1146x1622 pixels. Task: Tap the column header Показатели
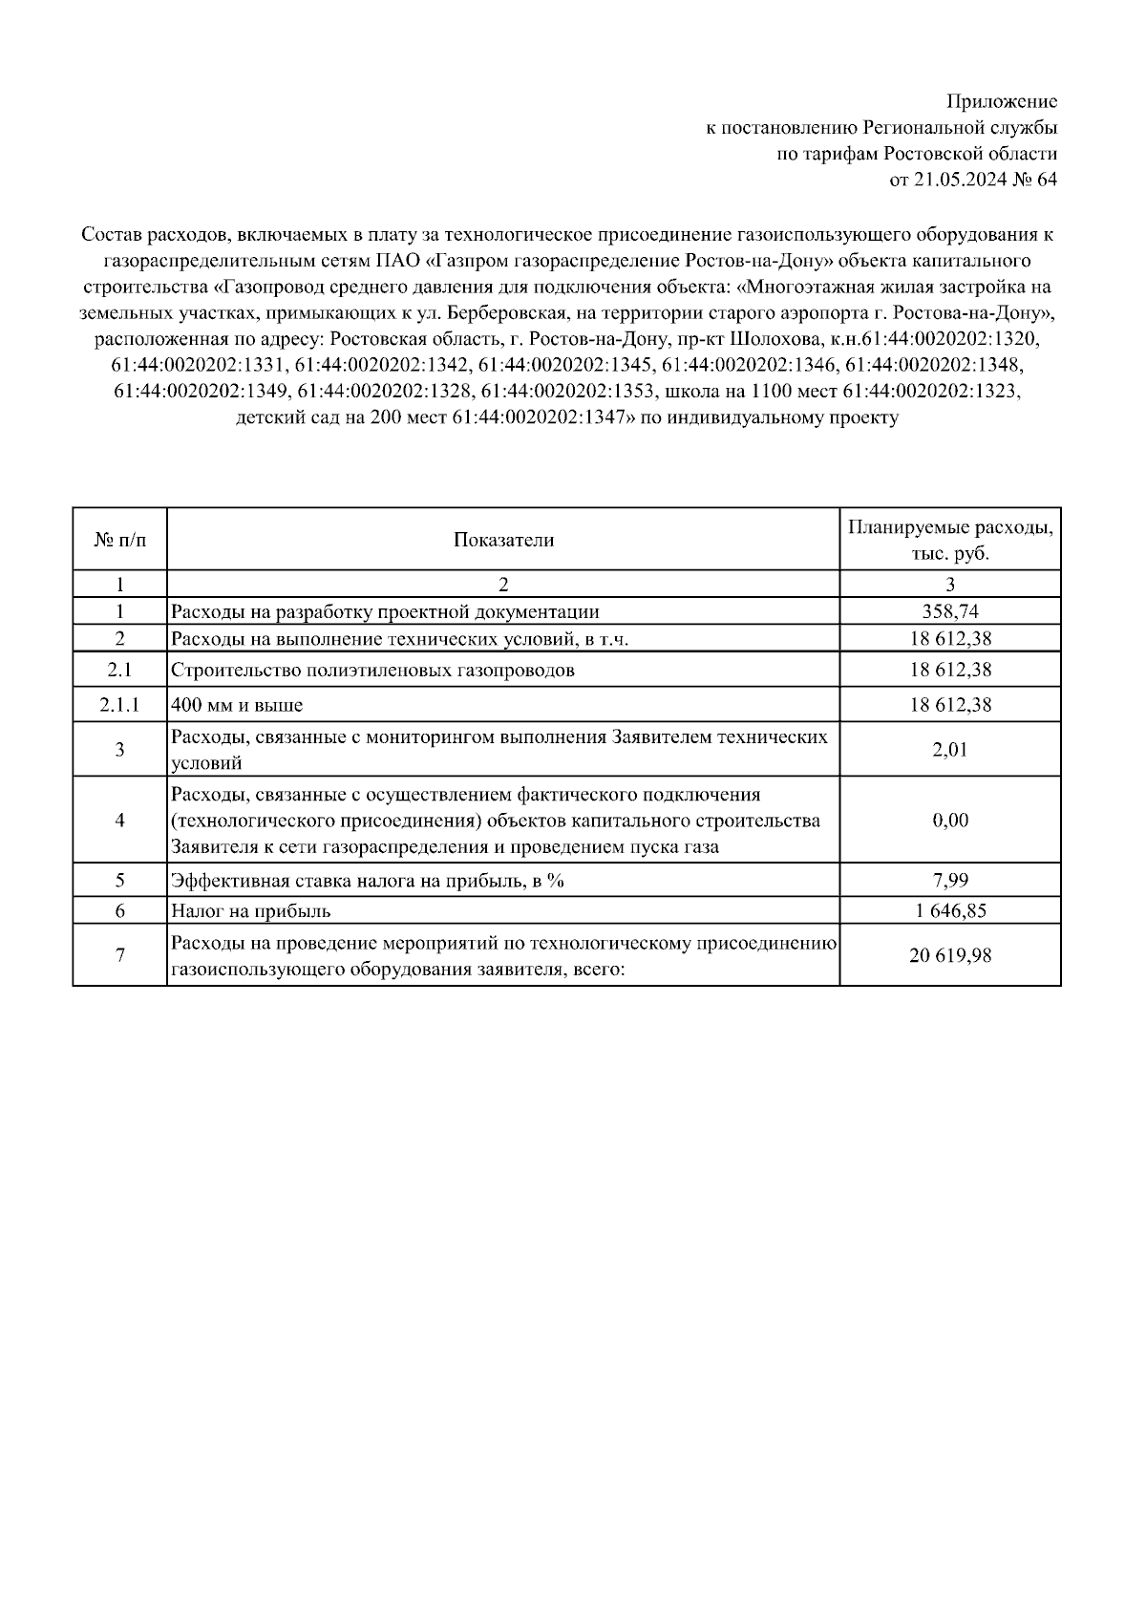tap(503, 541)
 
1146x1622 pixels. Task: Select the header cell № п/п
tap(120, 541)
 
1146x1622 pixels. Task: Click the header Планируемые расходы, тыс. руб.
tap(950, 541)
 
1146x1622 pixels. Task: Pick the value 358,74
tap(950, 612)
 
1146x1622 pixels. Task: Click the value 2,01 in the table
tap(950, 750)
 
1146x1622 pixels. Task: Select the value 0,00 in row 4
tap(950, 821)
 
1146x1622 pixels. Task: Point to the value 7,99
tap(950, 881)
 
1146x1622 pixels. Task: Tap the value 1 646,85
tap(950, 911)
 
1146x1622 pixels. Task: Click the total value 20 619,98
tap(950, 954)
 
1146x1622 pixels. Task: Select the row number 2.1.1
tap(120, 706)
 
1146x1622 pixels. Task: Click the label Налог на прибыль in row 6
tap(251, 911)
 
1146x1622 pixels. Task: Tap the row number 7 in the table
tap(120, 954)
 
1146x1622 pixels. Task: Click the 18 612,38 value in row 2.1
tap(950, 671)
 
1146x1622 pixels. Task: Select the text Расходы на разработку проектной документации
tap(385, 612)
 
